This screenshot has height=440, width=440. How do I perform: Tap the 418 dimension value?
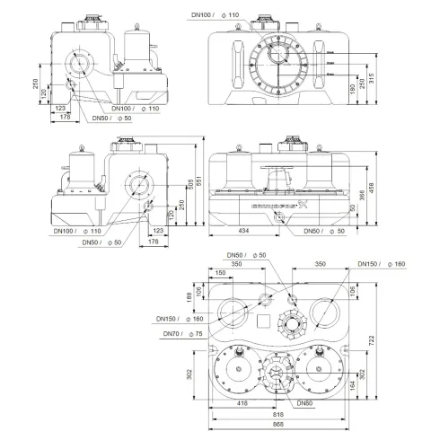(x=242, y=405)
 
